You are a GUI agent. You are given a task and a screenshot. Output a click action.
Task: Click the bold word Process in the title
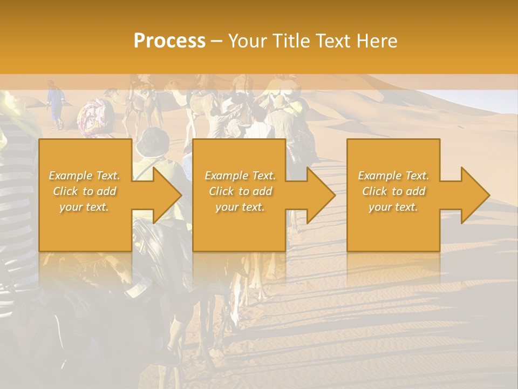169,41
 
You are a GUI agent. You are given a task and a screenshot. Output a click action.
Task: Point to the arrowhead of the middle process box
321,195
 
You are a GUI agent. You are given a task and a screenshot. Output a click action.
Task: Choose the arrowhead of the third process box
474,195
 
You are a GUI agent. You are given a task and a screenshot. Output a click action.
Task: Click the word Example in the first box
71,176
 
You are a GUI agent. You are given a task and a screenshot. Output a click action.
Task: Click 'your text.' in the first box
84,207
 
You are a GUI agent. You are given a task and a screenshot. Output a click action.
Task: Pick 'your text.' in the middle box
240,207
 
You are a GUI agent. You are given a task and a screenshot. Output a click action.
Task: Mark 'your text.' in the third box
393,207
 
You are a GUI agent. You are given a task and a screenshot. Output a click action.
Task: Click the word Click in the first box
65,191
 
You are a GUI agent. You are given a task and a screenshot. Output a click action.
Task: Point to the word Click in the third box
374,191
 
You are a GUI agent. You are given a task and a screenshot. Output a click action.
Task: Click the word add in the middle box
262,191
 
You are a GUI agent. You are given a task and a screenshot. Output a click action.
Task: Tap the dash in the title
216,41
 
